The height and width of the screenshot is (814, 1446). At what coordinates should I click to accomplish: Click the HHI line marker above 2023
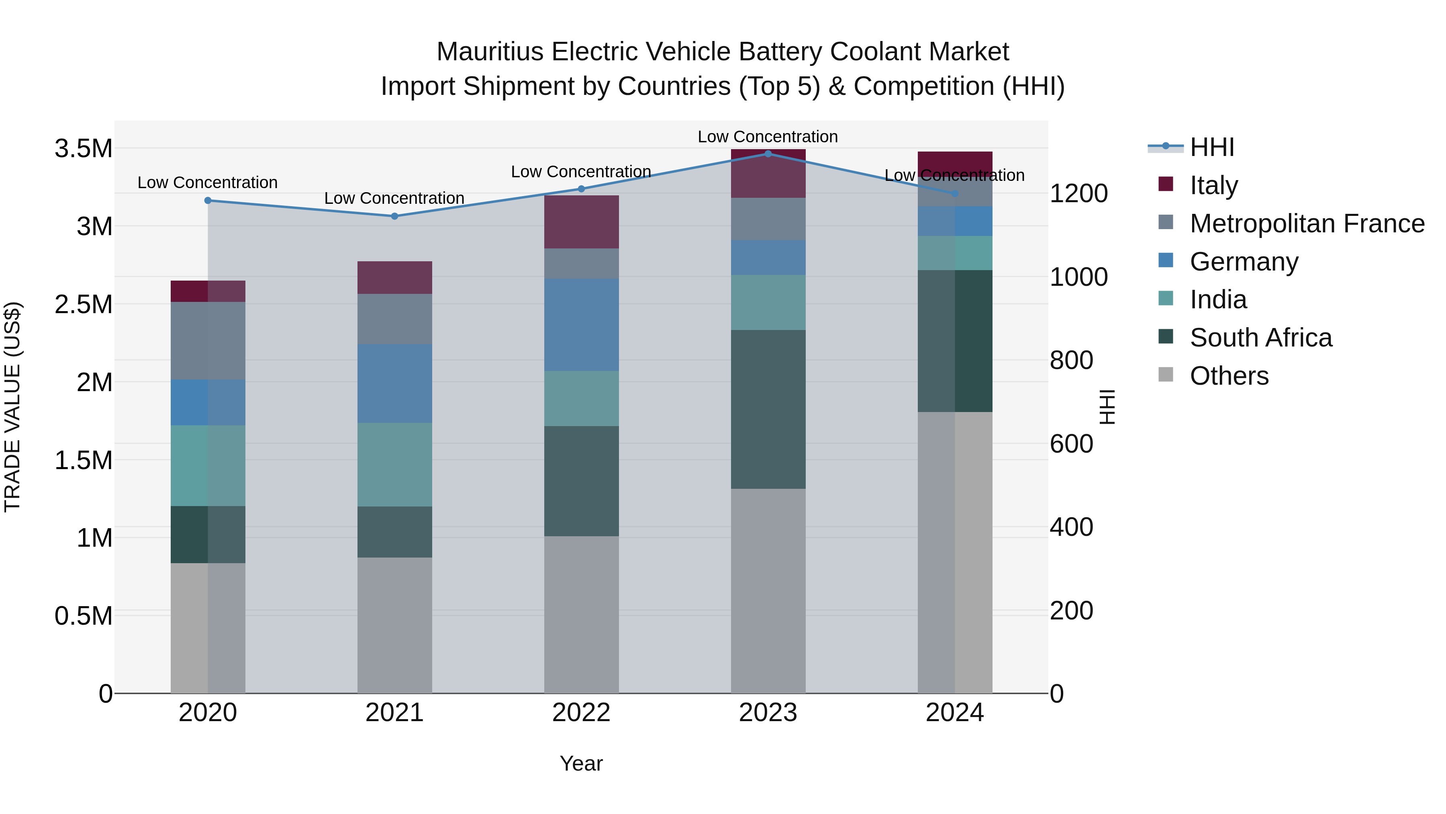coord(768,154)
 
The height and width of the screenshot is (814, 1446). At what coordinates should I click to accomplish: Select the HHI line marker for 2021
coord(394,216)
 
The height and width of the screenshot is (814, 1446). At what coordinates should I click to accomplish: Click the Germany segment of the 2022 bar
coord(582,325)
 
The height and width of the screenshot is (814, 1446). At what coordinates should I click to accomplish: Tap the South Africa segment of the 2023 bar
coord(768,409)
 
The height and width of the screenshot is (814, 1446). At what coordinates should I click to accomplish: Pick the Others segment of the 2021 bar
coord(394,625)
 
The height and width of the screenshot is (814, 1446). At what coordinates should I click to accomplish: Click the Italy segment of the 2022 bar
coord(582,222)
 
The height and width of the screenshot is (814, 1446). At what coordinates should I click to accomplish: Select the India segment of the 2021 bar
coord(394,465)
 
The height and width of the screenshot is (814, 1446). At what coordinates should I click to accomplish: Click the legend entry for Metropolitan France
coord(1307,223)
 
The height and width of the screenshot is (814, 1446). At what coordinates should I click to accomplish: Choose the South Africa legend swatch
coord(1166,336)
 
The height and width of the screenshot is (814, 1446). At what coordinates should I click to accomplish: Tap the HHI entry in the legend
coord(1211,147)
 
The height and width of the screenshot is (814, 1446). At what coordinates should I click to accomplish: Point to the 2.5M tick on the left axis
coord(83,304)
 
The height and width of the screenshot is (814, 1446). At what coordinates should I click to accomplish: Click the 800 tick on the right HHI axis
coord(1071,360)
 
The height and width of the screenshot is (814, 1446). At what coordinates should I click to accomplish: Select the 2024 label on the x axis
coord(954,713)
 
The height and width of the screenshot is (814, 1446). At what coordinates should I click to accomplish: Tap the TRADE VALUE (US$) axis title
coord(12,407)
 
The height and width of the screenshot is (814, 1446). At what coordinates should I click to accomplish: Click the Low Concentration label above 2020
coord(207,182)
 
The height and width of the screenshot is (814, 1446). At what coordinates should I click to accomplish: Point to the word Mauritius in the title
coord(490,52)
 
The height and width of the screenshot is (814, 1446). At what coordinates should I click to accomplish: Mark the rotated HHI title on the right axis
coord(1107,407)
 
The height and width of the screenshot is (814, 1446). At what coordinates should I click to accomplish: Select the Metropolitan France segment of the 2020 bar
coord(208,340)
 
